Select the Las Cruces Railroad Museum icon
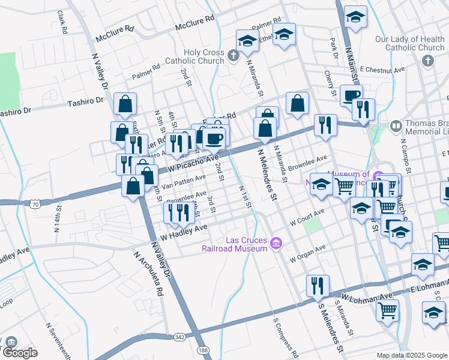click(276, 243)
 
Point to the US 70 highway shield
click(35, 205)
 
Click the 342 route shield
click(179, 339)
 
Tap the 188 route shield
click(205, 350)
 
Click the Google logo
click(20, 352)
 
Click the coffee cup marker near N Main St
click(351, 95)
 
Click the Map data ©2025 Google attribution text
click(411, 355)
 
